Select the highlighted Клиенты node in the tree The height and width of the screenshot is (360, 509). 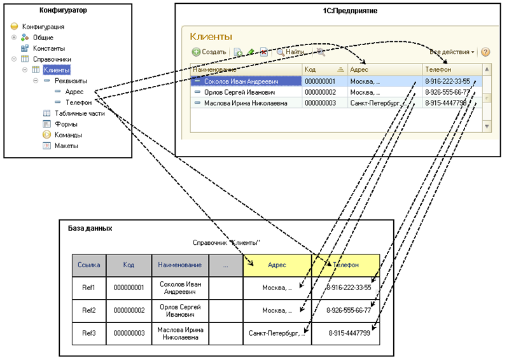(x=57, y=70)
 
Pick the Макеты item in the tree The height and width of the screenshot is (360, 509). (x=67, y=146)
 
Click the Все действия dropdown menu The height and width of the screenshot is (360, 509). (x=452, y=52)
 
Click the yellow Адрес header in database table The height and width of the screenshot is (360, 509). (x=277, y=265)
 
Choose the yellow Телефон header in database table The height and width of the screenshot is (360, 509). (x=345, y=265)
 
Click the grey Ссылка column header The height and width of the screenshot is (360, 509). (x=88, y=265)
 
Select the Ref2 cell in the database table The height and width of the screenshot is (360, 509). (x=88, y=310)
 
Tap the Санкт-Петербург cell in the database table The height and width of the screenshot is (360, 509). (x=277, y=333)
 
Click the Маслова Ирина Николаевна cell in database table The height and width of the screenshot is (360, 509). (x=180, y=333)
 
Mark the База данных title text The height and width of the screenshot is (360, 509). (x=90, y=227)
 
